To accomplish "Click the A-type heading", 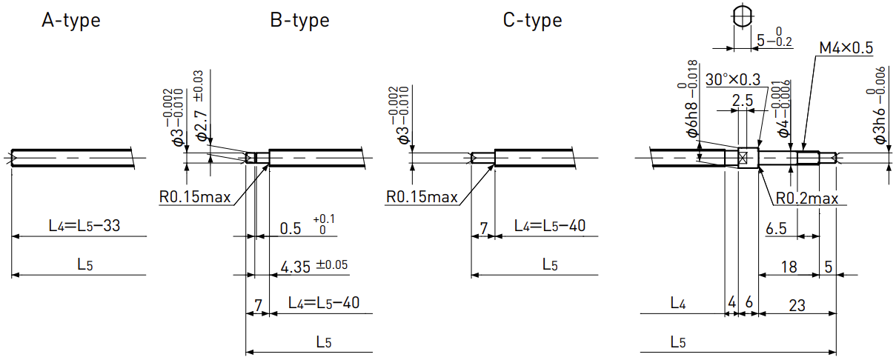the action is [x=71, y=21].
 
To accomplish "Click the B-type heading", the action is [x=299, y=21].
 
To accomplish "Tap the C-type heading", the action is [x=532, y=21].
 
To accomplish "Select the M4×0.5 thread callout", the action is [x=846, y=48].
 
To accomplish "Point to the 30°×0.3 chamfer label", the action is [x=733, y=79].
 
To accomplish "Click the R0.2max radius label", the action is [x=807, y=199].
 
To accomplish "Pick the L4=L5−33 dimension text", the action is [x=84, y=226].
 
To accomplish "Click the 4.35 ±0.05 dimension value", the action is [x=314, y=266].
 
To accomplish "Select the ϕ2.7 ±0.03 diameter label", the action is [x=200, y=106].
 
